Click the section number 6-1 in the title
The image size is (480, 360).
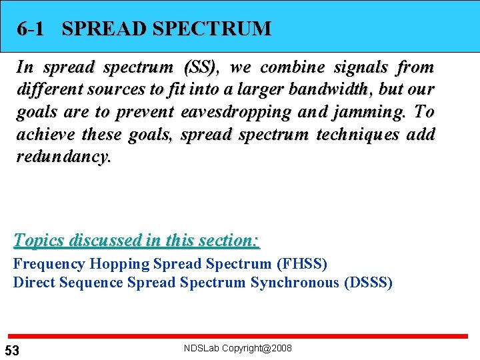31,29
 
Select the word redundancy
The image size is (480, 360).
64,157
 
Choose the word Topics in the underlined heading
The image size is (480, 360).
41,240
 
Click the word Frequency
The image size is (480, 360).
49,264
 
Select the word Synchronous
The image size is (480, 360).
295,283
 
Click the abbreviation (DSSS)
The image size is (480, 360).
368,283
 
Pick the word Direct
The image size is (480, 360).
34,283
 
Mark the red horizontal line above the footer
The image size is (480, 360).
240,335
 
